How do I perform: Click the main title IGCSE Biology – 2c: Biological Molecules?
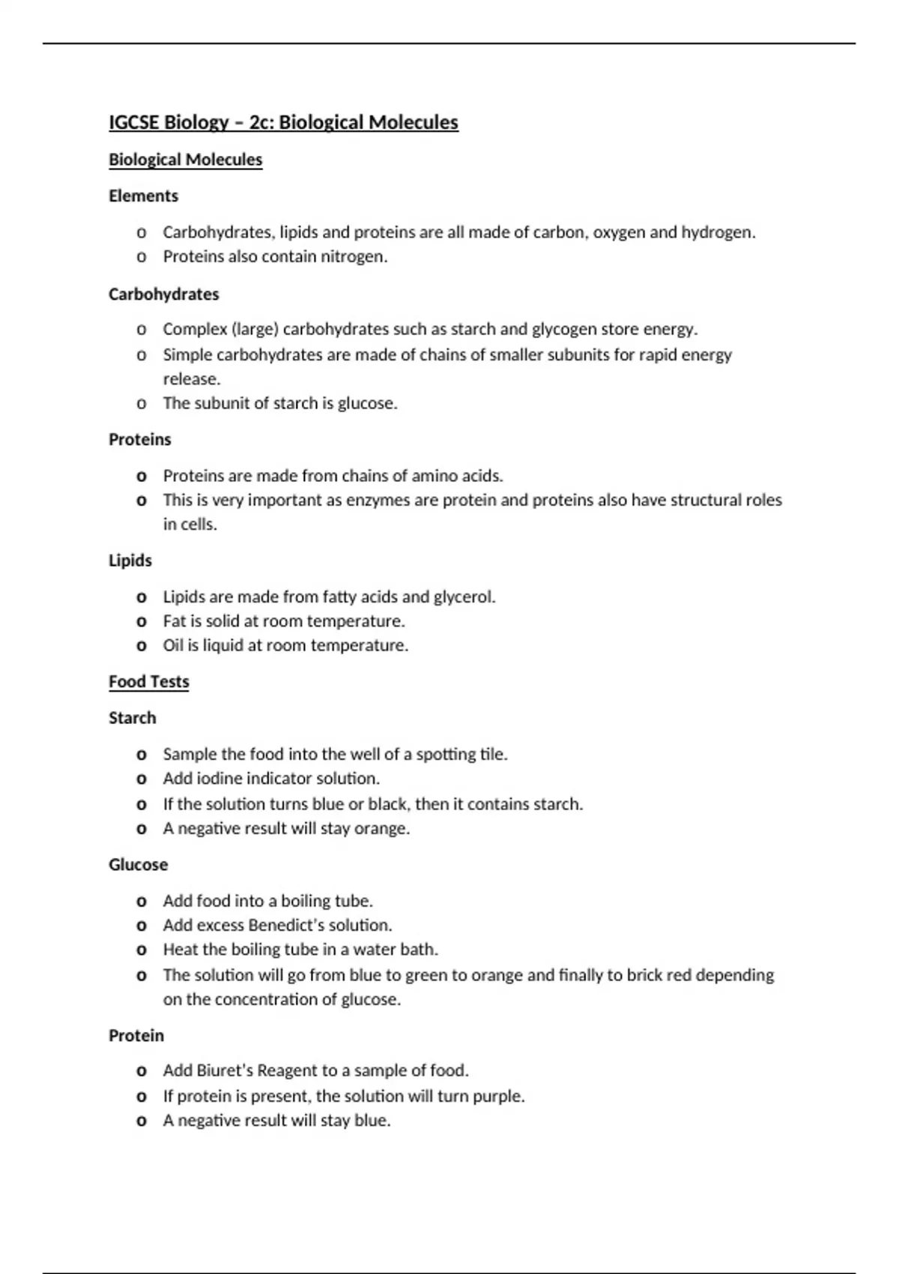click(283, 122)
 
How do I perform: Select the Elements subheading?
click(143, 196)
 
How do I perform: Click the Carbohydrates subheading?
click(163, 294)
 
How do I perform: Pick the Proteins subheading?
click(139, 439)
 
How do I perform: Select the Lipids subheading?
click(130, 561)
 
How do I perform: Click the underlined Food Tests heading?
click(148, 681)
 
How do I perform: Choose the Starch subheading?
click(132, 718)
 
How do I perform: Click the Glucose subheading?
click(138, 864)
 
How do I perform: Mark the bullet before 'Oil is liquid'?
click(142, 646)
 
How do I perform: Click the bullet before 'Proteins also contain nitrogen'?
click(142, 257)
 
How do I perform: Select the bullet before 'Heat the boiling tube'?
click(142, 950)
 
